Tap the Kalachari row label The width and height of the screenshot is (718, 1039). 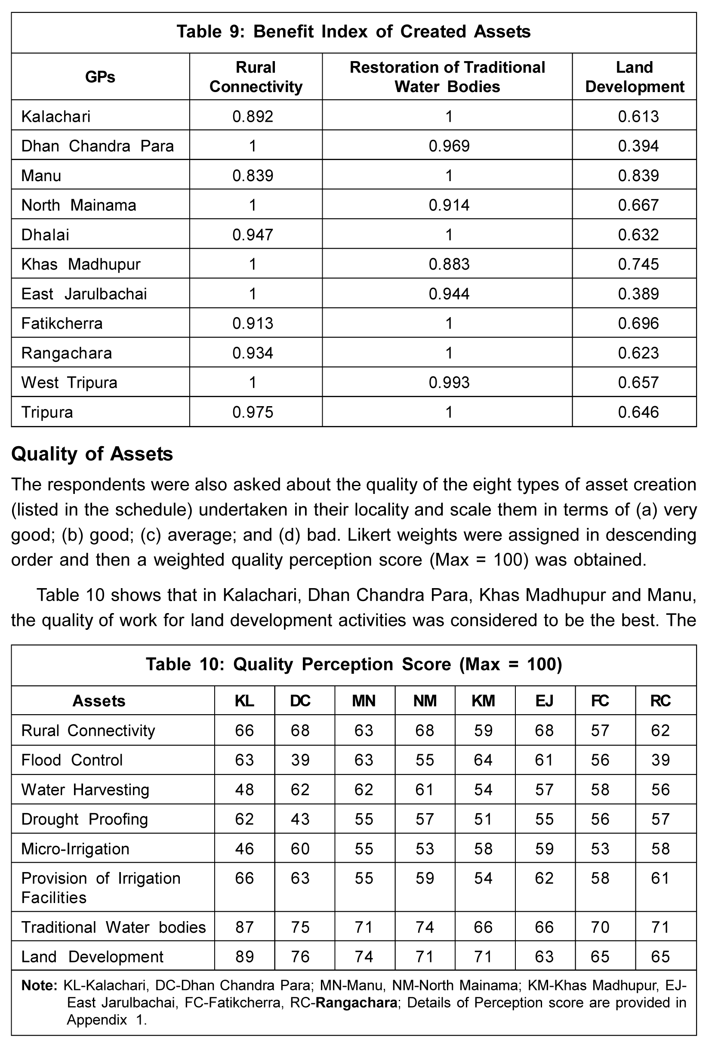pyautogui.click(x=56, y=117)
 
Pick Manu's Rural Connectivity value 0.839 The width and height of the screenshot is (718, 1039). pyautogui.click(x=253, y=176)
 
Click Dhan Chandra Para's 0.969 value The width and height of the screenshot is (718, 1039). pyautogui.click(x=449, y=146)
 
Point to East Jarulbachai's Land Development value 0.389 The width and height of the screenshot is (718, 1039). pyautogui.click(x=638, y=294)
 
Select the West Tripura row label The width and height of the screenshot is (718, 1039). pyautogui.click(x=69, y=382)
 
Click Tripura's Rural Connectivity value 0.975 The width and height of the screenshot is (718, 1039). pyautogui.click(x=253, y=412)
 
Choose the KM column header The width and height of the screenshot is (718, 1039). pyautogui.click(x=484, y=701)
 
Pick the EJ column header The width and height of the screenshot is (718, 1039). pyautogui.click(x=544, y=701)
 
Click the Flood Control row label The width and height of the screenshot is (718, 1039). pyautogui.click(x=72, y=760)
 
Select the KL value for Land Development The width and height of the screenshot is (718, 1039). pyautogui.click(x=244, y=956)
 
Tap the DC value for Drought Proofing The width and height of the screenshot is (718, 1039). pyautogui.click(x=300, y=819)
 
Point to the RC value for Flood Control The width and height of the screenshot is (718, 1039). pyautogui.click(x=660, y=760)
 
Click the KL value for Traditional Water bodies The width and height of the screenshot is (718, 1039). pyautogui.click(x=244, y=927)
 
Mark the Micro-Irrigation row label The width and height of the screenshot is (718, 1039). pyautogui.click(x=75, y=849)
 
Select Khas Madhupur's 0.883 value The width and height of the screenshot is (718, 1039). pyautogui.click(x=449, y=264)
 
